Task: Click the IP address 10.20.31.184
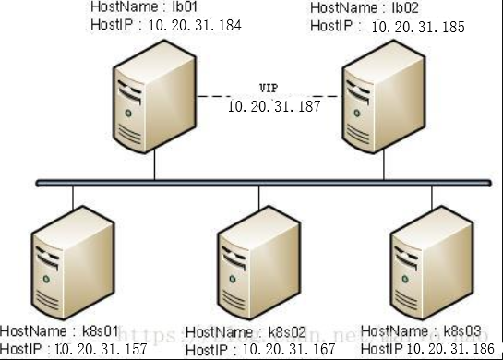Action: [197, 26]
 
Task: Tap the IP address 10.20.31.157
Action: [101, 350]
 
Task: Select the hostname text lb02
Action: [400, 7]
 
